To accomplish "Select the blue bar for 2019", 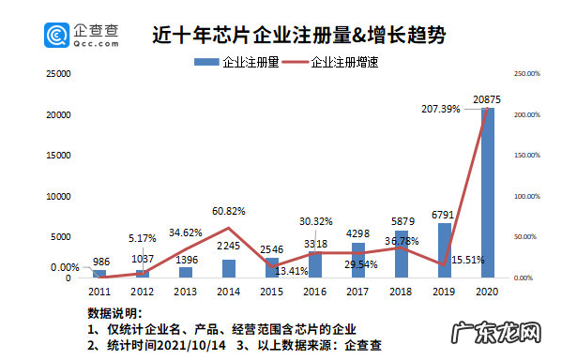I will point(445,250).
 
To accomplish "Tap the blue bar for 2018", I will point(402,254).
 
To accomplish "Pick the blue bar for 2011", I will point(99,274).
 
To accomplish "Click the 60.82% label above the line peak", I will point(229,211).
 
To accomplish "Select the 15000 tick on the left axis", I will point(60,155).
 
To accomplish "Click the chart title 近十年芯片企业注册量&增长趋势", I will point(298,36).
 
